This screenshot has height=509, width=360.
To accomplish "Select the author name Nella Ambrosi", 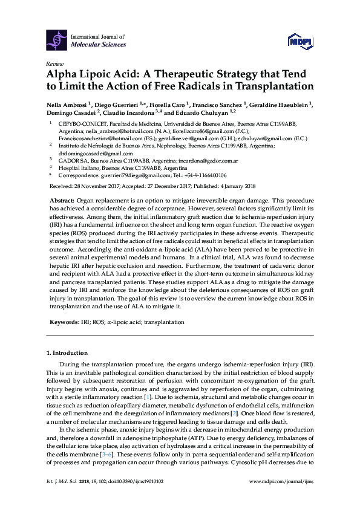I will click(x=66, y=103).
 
